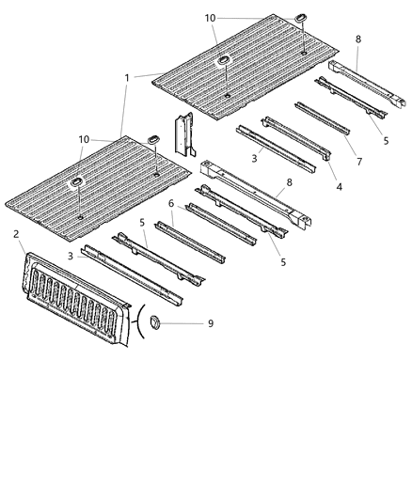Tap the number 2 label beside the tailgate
[x=16, y=232]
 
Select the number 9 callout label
[x=210, y=324]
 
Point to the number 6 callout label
[x=170, y=203]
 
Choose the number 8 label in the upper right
[x=357, y=39]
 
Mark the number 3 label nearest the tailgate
[x=70, y=255]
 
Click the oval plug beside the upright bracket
[x=151, y=140]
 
